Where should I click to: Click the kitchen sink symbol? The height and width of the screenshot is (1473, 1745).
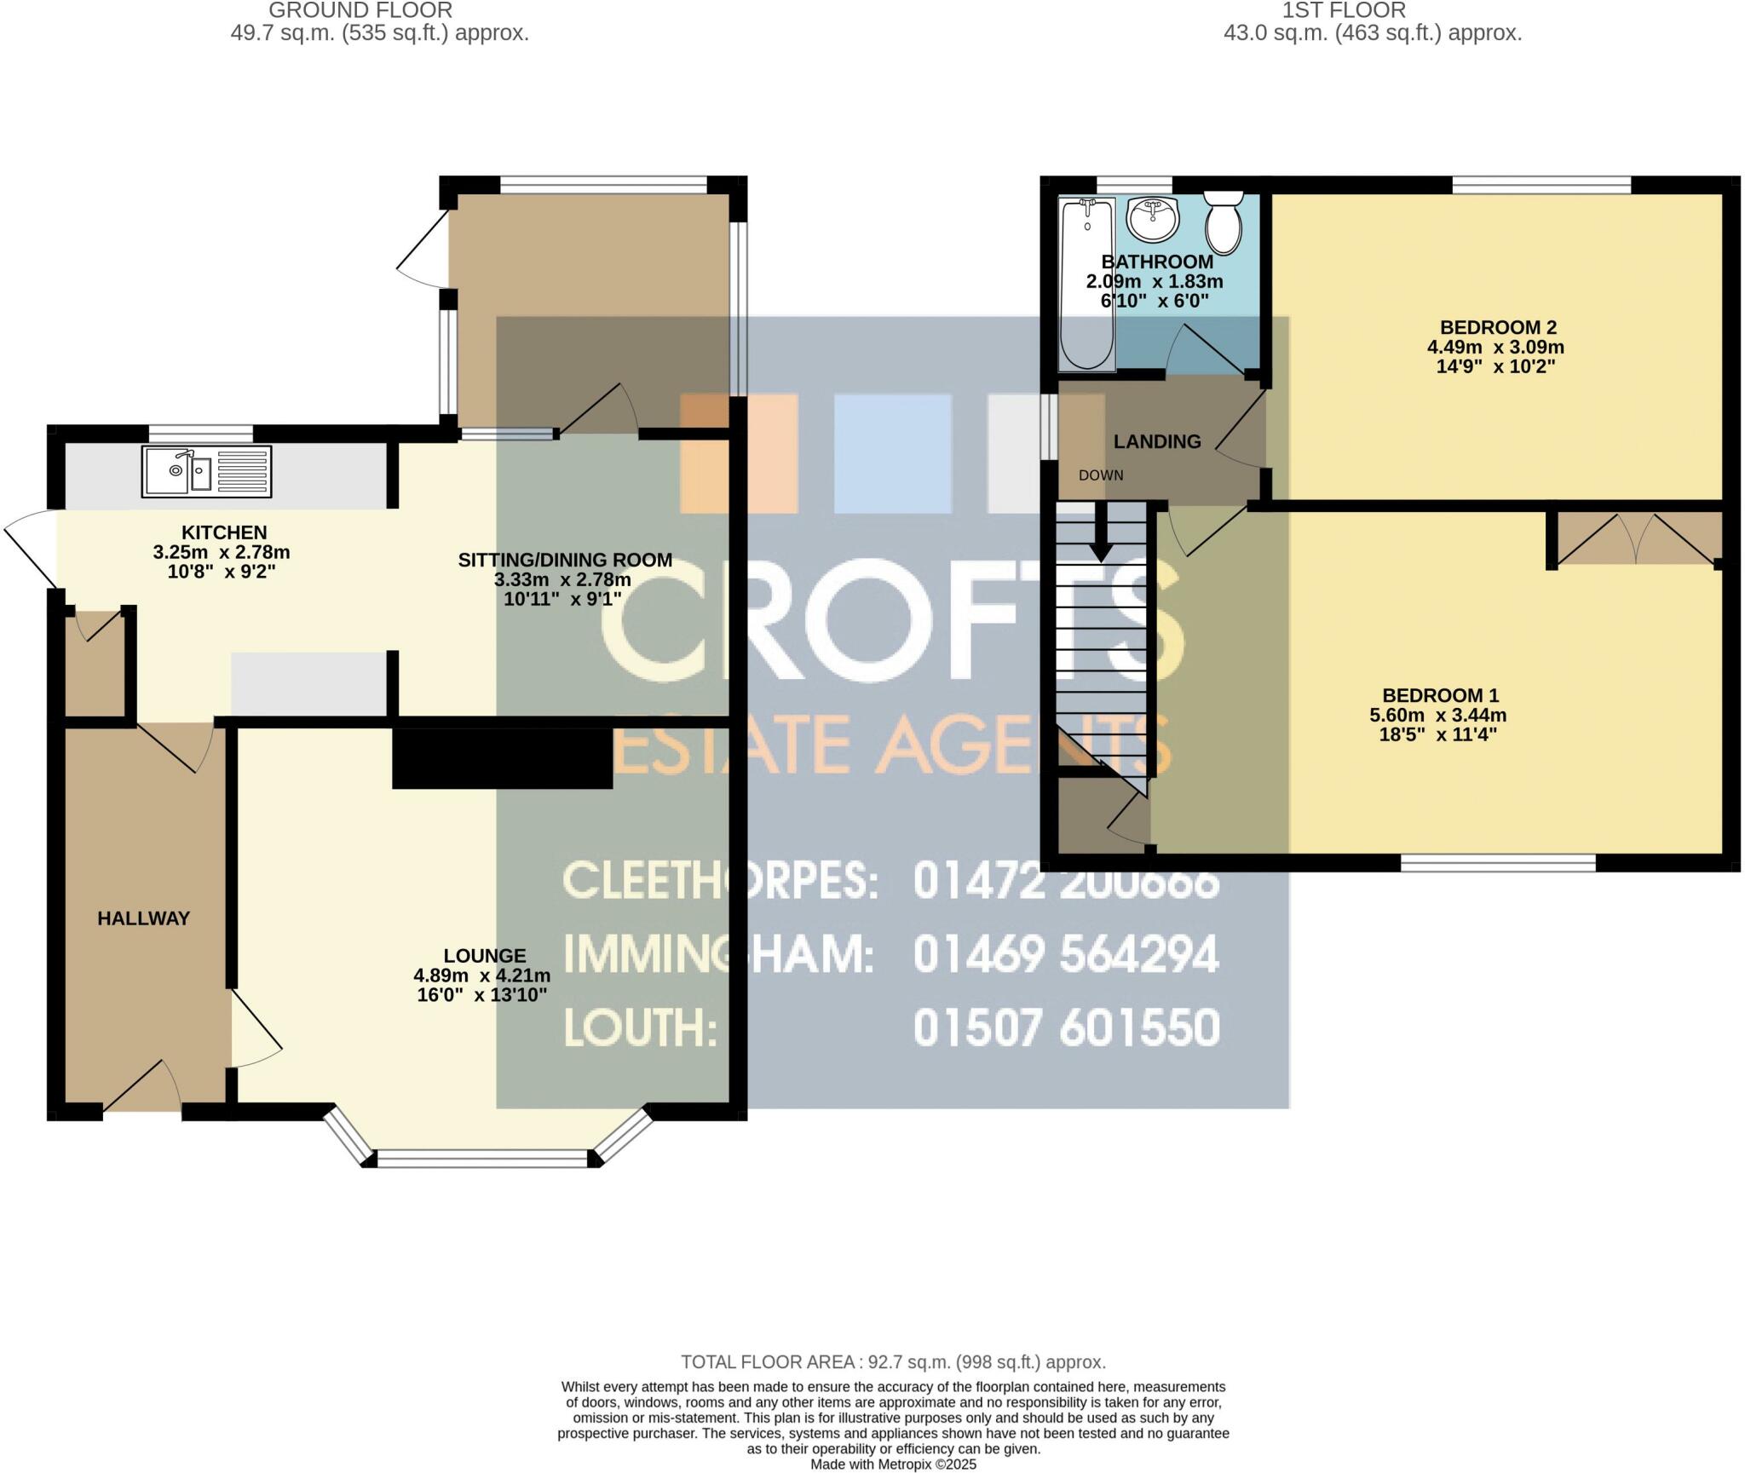206,471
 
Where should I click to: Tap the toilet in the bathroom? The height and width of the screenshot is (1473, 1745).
1224,223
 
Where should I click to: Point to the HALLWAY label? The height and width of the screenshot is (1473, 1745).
143,918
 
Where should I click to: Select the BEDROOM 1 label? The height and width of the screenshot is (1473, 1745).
1440,695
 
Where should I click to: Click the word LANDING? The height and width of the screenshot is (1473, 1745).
1157,441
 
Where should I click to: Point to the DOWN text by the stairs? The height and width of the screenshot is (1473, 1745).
1101,475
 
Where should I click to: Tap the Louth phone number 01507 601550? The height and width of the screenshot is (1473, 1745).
1066,1027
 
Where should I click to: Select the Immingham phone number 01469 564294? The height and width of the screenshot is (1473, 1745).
1066,954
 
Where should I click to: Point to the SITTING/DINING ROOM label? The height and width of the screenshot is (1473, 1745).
565,560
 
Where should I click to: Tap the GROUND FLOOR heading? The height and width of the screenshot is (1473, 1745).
360,10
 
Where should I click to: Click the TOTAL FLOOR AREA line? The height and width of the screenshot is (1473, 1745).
893,1362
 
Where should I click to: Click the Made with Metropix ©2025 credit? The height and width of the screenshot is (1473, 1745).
893,1464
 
